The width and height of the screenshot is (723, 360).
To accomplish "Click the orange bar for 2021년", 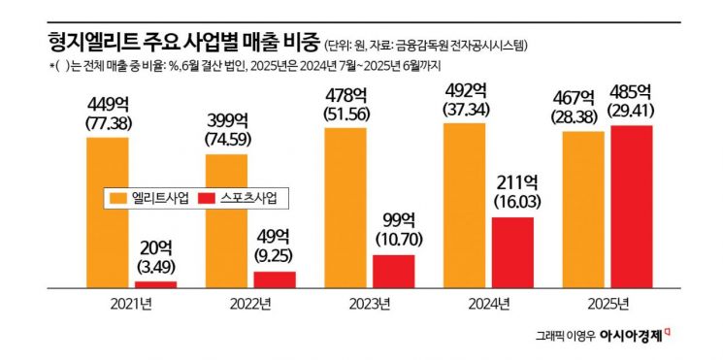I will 108,213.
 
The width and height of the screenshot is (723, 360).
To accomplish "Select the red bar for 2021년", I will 155,284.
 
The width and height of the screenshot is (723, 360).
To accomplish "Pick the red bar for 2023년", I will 393,271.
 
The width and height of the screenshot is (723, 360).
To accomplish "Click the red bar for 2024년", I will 513,252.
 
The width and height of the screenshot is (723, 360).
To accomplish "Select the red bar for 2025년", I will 632,207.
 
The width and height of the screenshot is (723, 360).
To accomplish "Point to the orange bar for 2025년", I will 584,210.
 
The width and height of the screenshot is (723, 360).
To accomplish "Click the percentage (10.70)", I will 393,237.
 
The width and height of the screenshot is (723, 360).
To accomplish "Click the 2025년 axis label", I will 608,305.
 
